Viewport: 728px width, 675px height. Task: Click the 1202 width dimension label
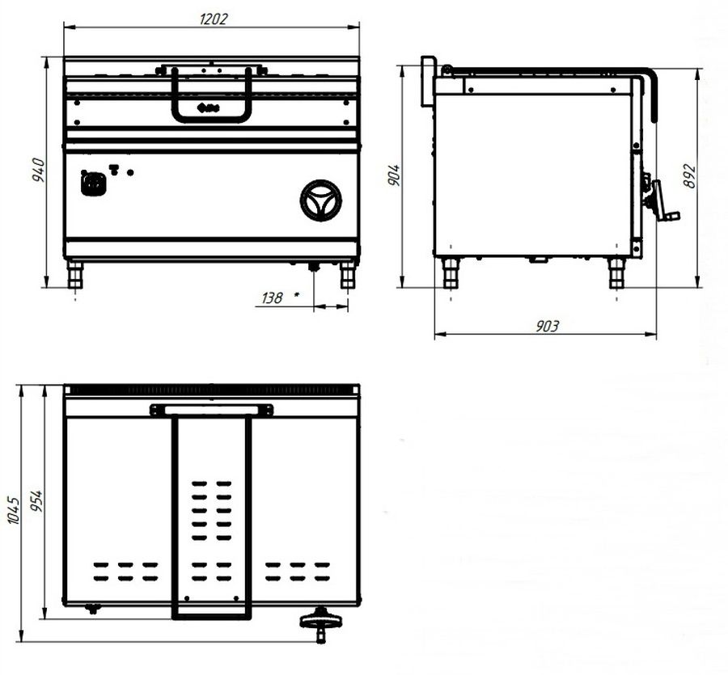coord(214,19)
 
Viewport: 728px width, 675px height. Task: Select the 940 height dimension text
coord(39,170)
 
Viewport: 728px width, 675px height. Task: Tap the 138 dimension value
coord(272,297)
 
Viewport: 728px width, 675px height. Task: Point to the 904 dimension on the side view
coord(394,175)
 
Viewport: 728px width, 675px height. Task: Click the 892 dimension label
coord(690,176)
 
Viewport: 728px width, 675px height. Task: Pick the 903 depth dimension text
coord(548,326)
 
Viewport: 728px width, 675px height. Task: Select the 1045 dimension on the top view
coord(14,510)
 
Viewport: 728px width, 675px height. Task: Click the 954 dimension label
coord(36,501)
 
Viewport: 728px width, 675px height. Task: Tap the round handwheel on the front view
coord(321,200)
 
